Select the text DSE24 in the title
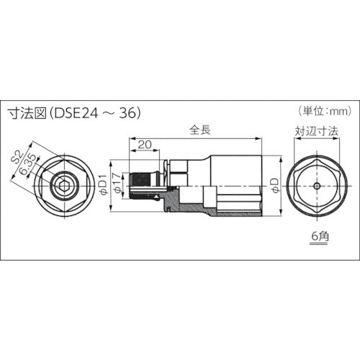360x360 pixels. point(75,112)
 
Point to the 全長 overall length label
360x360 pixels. point(199,131)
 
